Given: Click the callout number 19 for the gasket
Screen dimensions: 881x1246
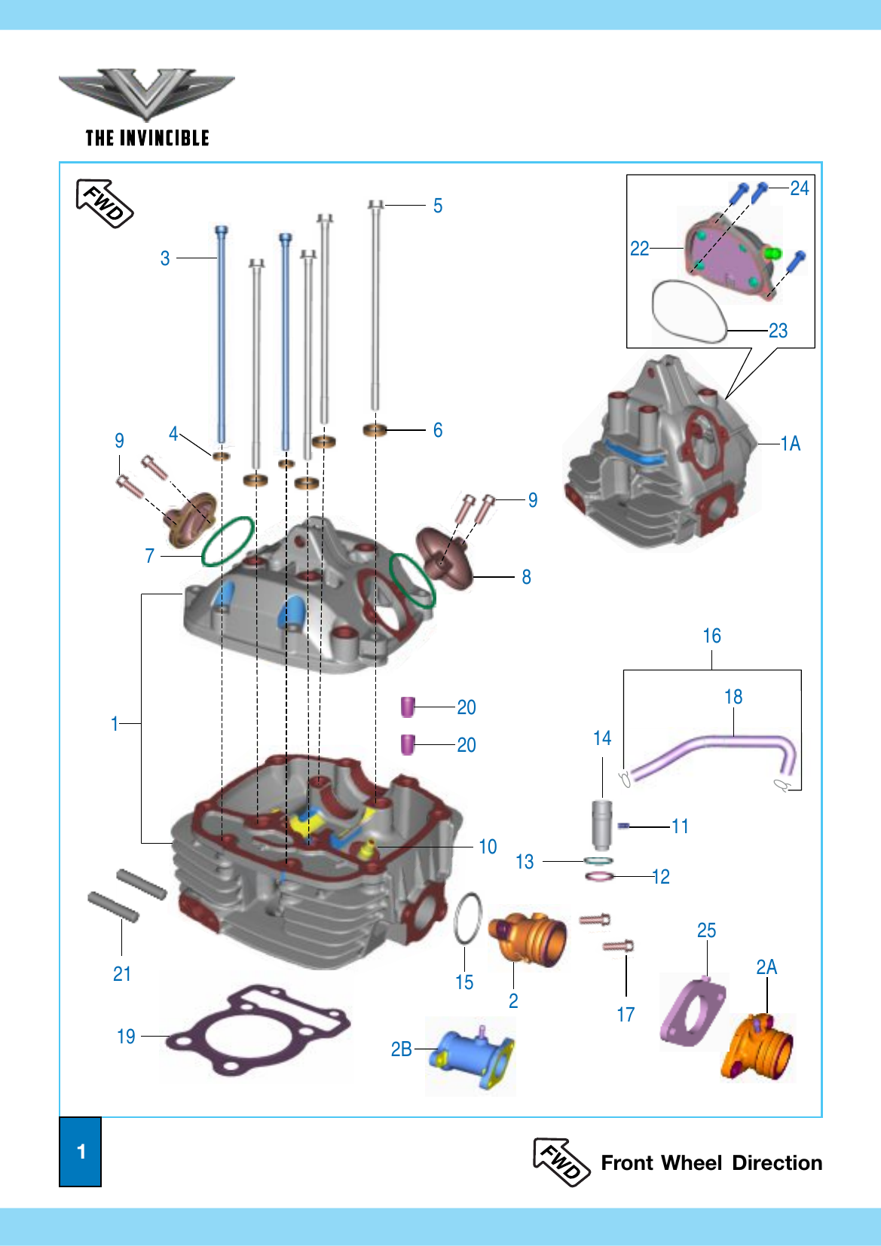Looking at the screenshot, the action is [126, 1037].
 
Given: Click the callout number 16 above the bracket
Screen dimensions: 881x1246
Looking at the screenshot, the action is [712, 635].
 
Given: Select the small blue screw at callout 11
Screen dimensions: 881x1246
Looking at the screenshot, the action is [623, 826].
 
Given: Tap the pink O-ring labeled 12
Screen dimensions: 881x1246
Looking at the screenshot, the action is [599, 877].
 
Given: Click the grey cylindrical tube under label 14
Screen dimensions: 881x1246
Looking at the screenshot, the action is [601, 824].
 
